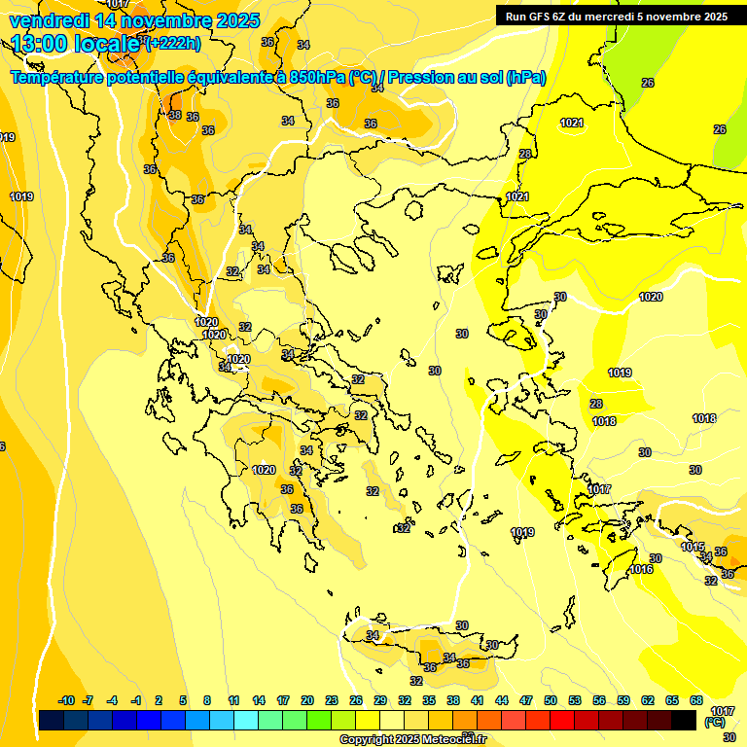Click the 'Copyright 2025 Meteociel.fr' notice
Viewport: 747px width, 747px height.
pos(413,739)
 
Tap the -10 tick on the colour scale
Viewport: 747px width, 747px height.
pos(66,700)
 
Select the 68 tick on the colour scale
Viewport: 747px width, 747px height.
pos(695,700)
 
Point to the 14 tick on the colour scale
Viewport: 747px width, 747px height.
pos(259,700)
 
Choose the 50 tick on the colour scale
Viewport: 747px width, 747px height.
pos(551,700)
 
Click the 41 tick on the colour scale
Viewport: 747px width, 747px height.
pos(477,700)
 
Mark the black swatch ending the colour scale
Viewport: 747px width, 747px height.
pos(684,720)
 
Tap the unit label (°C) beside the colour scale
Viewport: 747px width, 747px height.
pos(714,722)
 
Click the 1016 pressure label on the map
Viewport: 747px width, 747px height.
pos(641,569)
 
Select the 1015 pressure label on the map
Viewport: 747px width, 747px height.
pos(692,548)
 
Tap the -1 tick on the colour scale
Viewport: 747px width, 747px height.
pos(136,700)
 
